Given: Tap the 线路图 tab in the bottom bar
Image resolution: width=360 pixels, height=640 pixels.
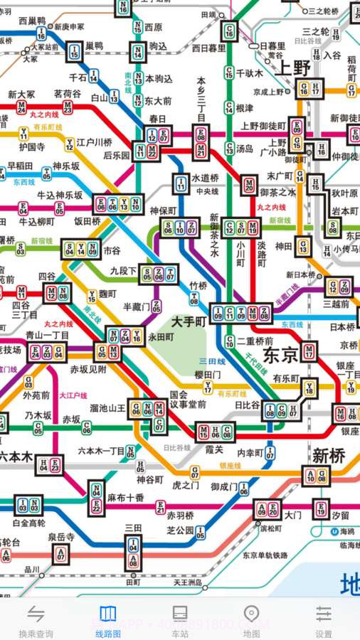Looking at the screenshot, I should click(107, 619).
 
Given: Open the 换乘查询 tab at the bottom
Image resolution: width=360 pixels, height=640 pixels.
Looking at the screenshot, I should click(36, 619).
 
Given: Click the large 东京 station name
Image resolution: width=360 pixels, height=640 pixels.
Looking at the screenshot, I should click(280, 354).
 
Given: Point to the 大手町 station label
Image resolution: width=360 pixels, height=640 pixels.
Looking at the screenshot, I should click(189, 321).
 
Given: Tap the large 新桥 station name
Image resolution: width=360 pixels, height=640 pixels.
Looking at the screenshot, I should click(329, 455).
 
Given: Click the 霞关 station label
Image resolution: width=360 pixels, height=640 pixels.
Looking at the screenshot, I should click(214, 450).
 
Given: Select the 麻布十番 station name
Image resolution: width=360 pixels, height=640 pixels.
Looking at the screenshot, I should click(126, 498).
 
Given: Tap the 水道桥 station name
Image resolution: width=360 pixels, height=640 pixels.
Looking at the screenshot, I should click(206, 178).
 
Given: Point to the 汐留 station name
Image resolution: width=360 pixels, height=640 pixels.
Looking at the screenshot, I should click(341, 515).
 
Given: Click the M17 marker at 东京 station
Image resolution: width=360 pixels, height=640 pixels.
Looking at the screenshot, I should click(309, 351).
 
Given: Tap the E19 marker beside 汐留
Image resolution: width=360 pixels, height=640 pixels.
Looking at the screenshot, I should click(321, 508).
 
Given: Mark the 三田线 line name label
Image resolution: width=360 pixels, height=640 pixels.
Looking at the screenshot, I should click(212, 361).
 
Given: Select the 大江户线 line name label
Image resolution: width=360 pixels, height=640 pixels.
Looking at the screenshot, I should click(73, 395).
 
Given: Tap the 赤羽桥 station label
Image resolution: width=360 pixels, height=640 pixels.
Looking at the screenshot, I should click(180, 515).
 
